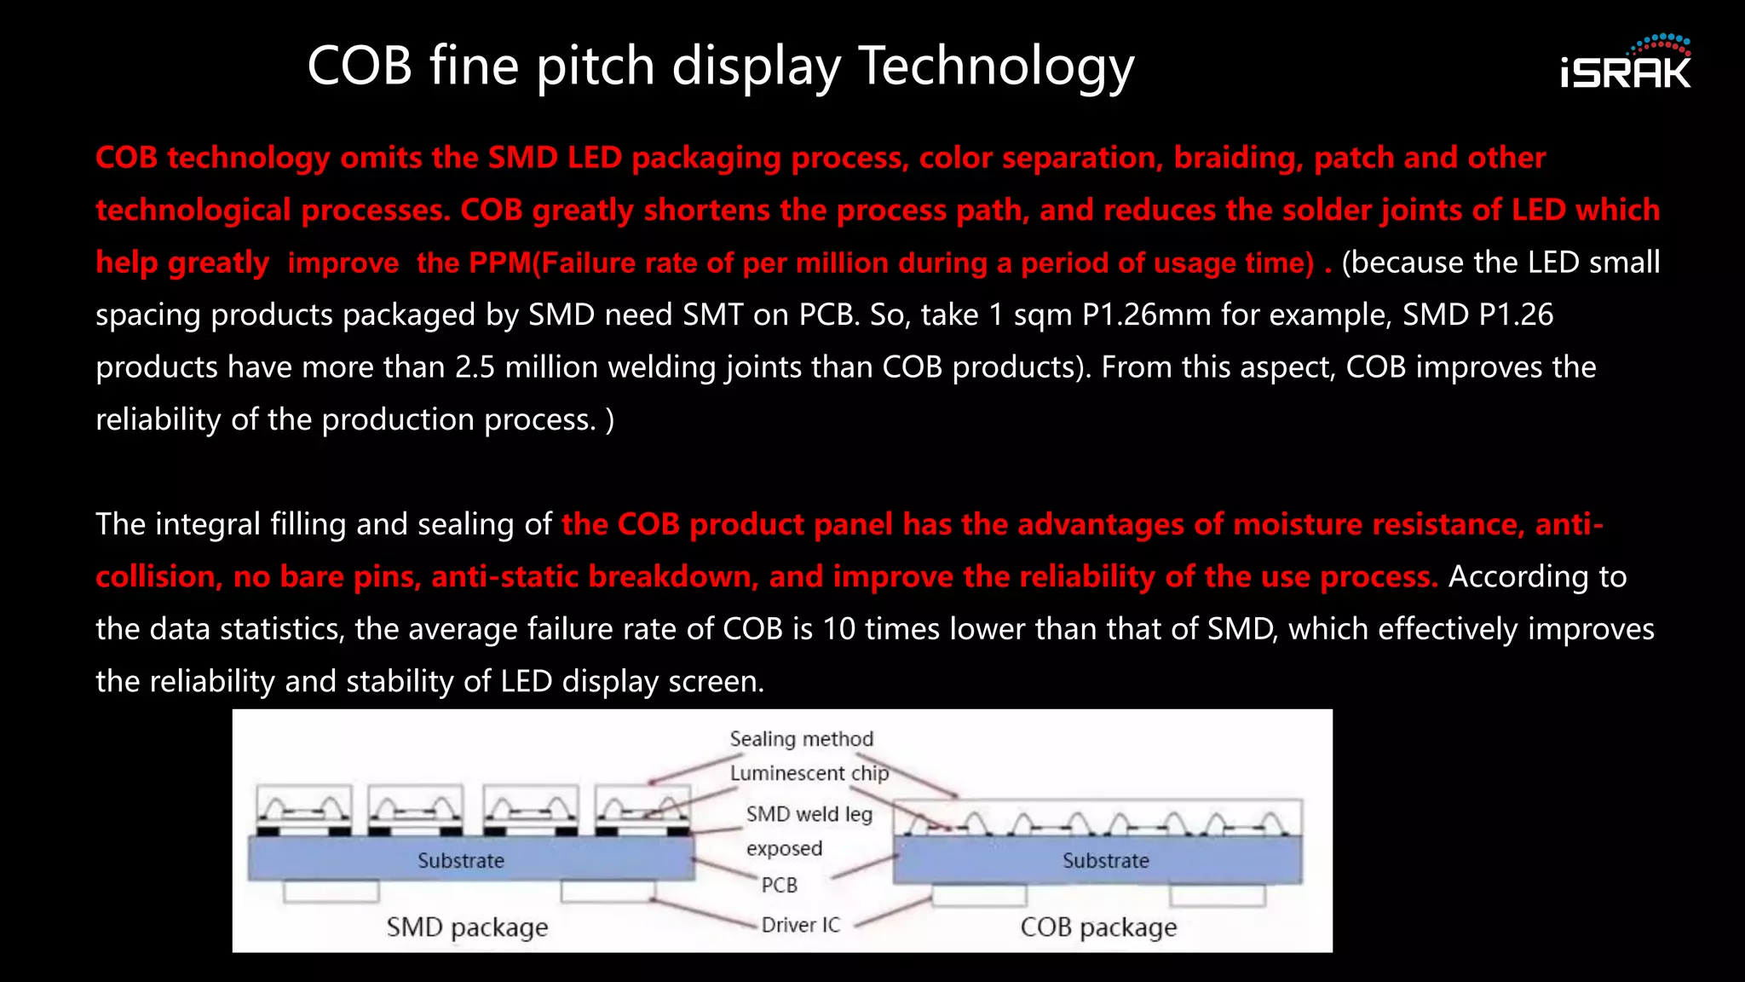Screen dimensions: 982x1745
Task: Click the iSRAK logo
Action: [x=1625, y=63]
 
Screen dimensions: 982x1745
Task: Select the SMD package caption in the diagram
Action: [x=467, y=927]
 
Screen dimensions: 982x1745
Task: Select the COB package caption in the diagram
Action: [x=1097, y=927]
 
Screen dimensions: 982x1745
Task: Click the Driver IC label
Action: [x=800, y=925]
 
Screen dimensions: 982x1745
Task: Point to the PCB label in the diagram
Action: [x=779, y=885]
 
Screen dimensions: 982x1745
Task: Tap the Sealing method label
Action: [x=801, y=739]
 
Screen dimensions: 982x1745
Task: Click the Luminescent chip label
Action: [x=809, y=773]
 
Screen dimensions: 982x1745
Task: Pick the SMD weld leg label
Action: [x=809, y=814]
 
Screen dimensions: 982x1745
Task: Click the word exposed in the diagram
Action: [x=784, y=849]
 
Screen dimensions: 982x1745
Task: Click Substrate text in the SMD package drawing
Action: [x=460, y=861]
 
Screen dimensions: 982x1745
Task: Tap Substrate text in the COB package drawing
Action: [x=1105, y=861]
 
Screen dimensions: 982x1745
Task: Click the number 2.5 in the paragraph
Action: [x=475, y=367]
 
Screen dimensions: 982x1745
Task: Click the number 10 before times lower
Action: [x=838, y=629]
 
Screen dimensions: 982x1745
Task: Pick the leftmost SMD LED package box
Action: [x=304, y=810]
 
